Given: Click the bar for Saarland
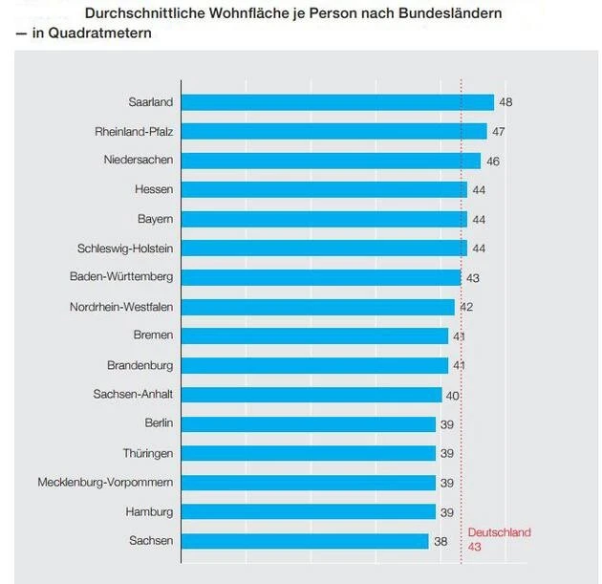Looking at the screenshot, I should coord(336,102).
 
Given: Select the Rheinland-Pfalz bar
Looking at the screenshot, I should coord(333,131).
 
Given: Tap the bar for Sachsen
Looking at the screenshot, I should coord(304,541).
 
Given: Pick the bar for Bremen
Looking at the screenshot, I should coord(313,336).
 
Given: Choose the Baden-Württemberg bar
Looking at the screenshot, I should coord(320,277).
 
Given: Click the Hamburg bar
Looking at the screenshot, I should coord(308,511).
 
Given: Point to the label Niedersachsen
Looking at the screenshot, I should coord(139,160).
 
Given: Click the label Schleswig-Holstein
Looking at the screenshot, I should coord(125,249).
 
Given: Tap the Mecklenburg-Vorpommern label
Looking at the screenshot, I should coord(105,483).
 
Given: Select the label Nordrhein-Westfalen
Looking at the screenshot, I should coord(121,307).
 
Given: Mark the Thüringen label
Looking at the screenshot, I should coord(148,453).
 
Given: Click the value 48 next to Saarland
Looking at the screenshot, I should coord(506,102).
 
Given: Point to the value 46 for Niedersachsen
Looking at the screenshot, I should coord(493,162).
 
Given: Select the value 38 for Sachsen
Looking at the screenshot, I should coord(441,541).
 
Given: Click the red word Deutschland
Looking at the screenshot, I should coord(499,532).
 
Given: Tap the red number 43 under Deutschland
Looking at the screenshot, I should coord(475,547).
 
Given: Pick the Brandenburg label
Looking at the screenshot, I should coord(140,365).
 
